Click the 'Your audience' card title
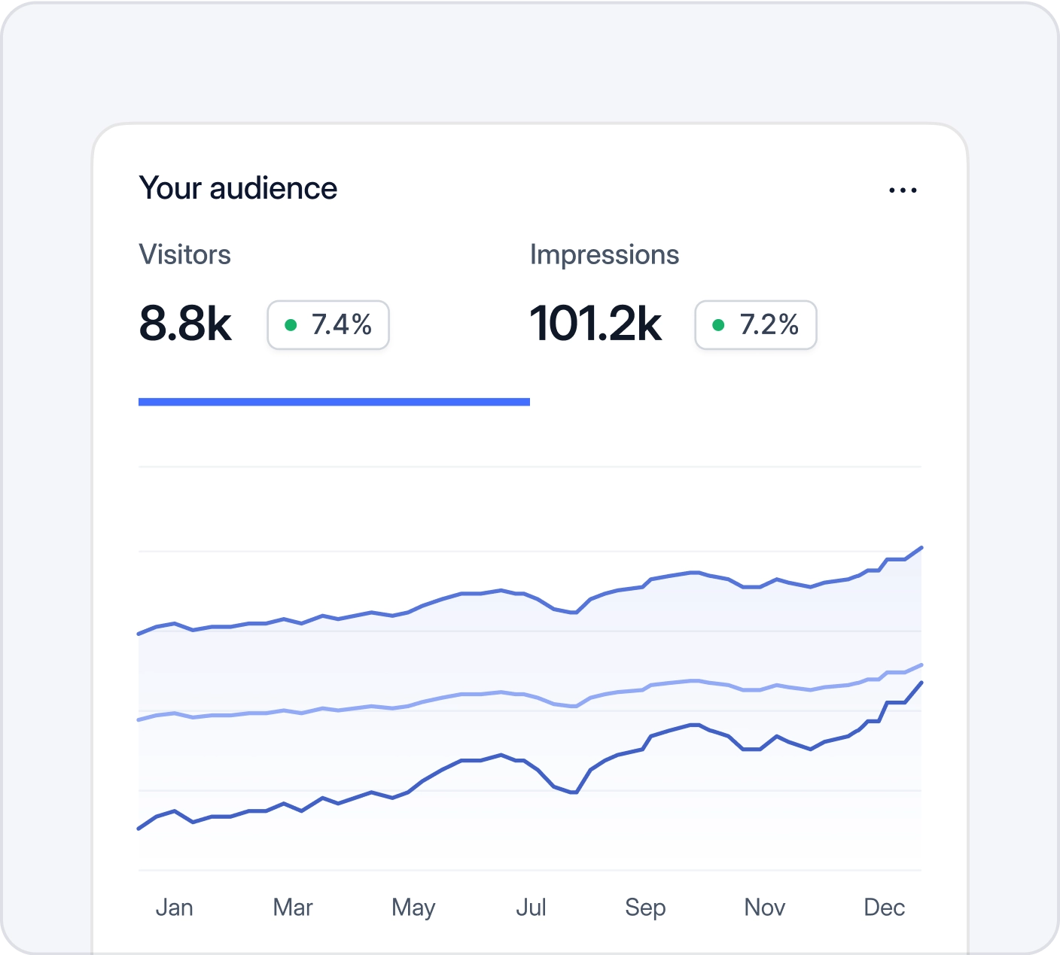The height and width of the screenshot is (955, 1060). (x=238, y=188)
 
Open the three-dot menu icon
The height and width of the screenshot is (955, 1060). (x=903, y=190)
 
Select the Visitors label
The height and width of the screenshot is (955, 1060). (x=184, y=254)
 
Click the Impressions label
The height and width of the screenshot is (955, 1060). (x=604, y=254)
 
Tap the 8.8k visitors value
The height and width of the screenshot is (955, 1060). (x=185, y=324)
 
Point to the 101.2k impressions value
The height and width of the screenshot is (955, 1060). (x=595, y=324)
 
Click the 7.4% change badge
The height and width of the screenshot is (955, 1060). (x=328, y=325)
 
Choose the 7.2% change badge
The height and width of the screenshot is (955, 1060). (x=755, y=325)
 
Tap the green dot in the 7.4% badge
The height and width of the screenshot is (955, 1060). (x=291, y=325)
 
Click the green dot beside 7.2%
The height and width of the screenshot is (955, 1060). (x=718, y=325)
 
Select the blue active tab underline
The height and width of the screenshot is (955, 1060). (x=334, y=402)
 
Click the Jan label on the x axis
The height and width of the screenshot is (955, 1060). (x=174, y=908)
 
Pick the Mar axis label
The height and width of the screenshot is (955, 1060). (x=293, y=908)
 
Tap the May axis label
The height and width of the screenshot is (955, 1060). (x=413, y=908)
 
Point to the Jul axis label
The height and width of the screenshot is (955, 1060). (x=531, y=908)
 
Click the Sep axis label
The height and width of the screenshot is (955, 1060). (x=645, y=908)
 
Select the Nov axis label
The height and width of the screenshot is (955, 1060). (x=764, y=908)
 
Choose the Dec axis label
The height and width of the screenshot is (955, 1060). (x=884, y=908)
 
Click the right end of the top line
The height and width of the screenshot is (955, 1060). (x=921, y=548)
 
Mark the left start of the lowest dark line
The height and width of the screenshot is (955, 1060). (x=139, y=828)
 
